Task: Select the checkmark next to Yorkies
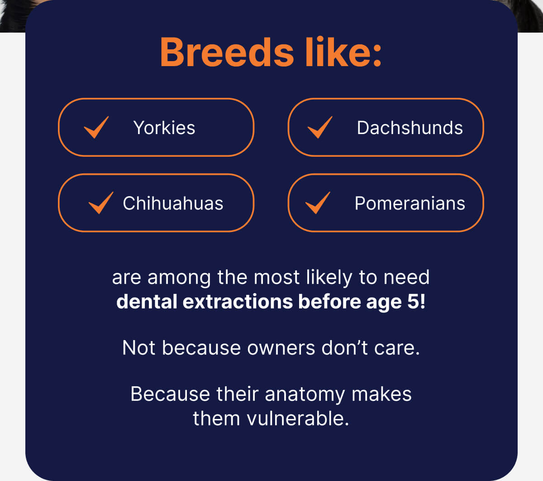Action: [x=96, y=127]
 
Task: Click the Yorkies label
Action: [x=164, y=128]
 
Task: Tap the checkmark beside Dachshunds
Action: [x=320, y=127]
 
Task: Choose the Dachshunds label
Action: [x=410, y=128]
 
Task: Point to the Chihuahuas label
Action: [x=173, y=203]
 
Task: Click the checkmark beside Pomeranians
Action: [x=318, y=203]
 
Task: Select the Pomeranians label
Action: [x=410, y=203]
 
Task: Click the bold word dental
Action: [x=147, y=302]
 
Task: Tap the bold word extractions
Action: [x=238, y=302]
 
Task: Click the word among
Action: [x=179, y=278]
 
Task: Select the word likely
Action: [x=329, y=278]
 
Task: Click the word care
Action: [x=397, y=348]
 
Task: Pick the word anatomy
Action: [x=305, y=394]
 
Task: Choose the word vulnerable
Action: [x=298, y=418]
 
